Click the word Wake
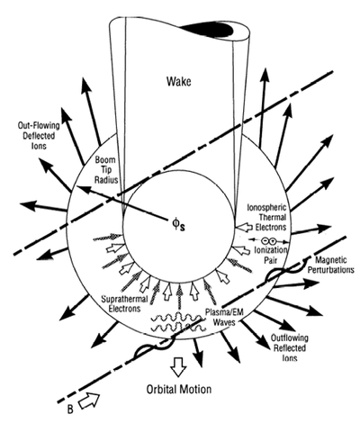point(179,81)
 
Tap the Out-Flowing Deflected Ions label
point(39,135)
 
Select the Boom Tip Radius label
point(105,170)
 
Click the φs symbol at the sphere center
point(178,225)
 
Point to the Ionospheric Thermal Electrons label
point(267,217)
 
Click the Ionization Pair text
point(270,255)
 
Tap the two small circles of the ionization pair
point(269,240)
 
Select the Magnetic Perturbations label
point(334,265)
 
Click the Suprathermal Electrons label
point(124,303)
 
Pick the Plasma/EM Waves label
point(224,317)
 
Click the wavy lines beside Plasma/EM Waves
point(177,322)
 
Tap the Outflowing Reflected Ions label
point(290,347)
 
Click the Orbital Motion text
point(179,389)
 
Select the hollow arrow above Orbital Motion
point(178,366)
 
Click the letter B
point(70,409)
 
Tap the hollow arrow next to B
point(89,400)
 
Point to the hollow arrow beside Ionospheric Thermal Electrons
point(244,227)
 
